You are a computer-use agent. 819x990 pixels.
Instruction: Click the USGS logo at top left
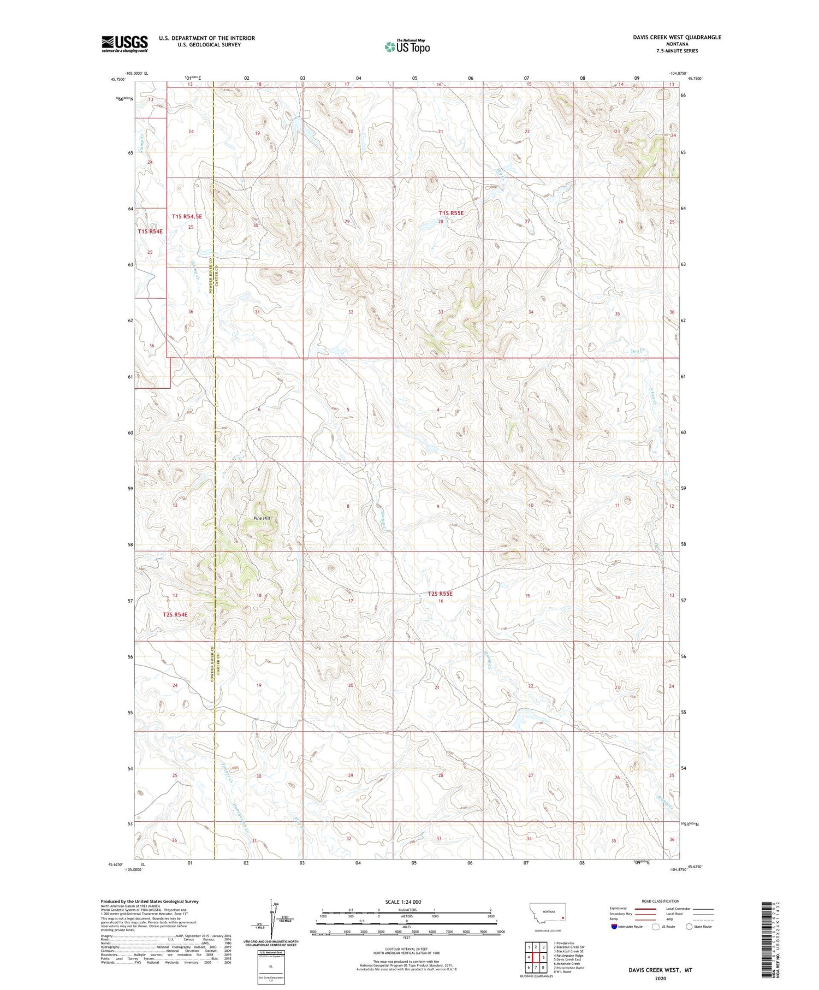(124, 44)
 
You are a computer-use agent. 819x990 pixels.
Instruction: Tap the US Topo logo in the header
(407, 46)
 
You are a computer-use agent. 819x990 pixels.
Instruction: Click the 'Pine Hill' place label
(262, 518)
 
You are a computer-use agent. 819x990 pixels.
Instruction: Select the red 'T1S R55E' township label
(451, 213)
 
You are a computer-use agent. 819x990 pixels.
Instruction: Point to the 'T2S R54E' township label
(175, 614)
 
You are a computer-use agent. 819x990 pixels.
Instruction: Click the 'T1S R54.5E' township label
(187, 216)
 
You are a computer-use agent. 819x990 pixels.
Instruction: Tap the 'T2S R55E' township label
(440, 593)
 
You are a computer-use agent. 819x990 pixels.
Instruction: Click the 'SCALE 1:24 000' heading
(403, 902)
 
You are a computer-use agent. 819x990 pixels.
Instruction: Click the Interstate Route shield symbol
(614, 927)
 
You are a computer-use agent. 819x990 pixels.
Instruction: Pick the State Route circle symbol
(689, 927)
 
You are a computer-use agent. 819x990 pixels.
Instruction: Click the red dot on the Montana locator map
(563, 917)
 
